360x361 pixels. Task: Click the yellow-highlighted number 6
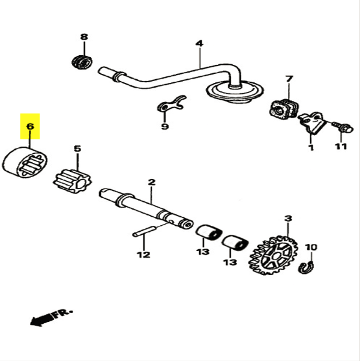pos(30,127)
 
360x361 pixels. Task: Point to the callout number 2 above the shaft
pos(151,181)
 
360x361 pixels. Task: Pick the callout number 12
pos(143,254)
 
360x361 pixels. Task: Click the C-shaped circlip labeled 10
pos(305,267)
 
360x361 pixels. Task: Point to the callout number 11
pos(341,147)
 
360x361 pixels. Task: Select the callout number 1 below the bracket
pos(311,147)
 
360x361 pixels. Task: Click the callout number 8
pos(83,37)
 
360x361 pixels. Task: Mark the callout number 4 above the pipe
pos(199,43)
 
